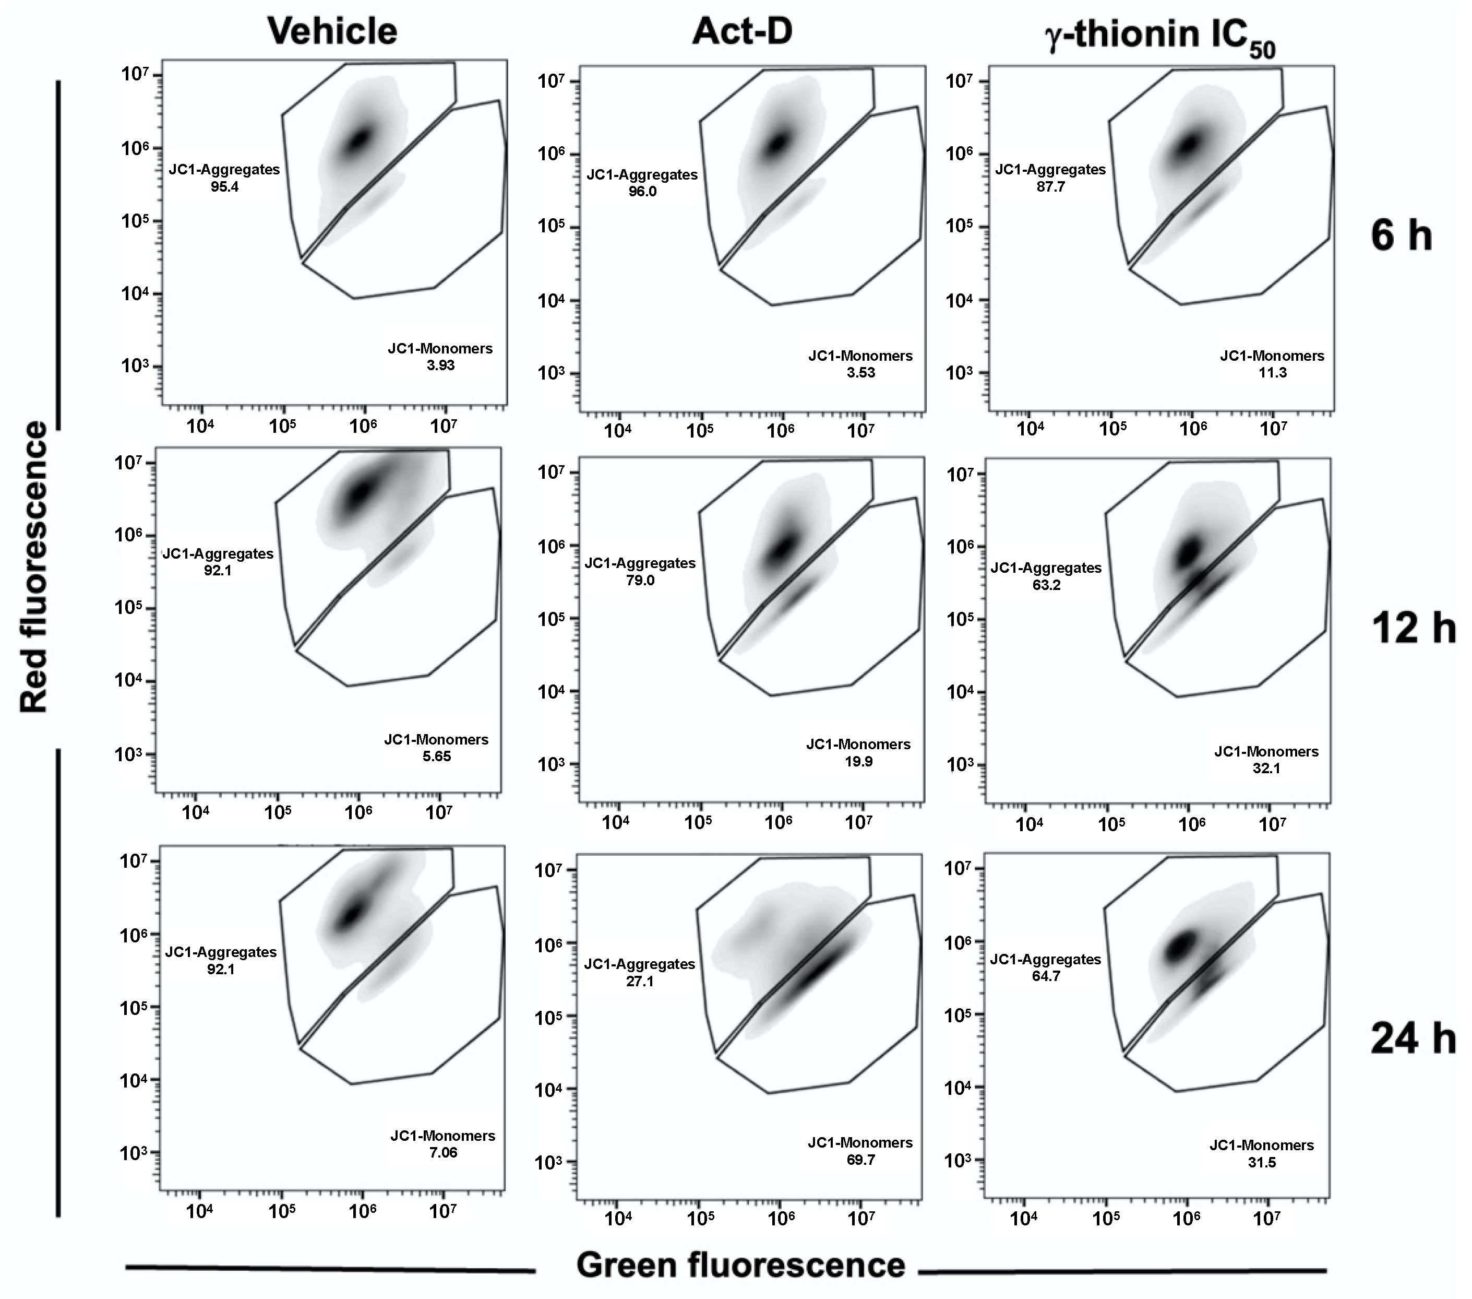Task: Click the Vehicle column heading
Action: (332, 32)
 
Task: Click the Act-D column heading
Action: (742, 32)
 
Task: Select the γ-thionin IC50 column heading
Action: (1160, 36)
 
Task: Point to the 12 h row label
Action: (1413, 628)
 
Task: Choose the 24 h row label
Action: (1413, 1039)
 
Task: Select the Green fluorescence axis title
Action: (740, 1265)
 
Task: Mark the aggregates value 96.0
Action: (642, 192)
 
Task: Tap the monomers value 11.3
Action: (1273, 372)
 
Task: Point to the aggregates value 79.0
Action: (640, 580)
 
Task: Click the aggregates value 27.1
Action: (640, 981)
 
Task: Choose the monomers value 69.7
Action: (860, 1160)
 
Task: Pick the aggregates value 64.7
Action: (1046, 976)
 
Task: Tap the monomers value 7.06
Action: (443, 1153)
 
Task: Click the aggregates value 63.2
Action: (1046, 585)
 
